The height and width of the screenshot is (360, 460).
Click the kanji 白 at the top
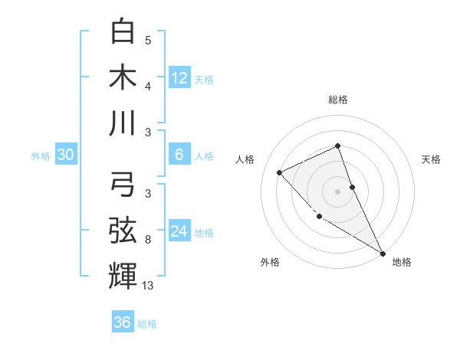coord(123,31)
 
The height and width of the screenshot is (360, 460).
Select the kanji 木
coord(123,77)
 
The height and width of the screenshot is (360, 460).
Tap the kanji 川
coord(123,122)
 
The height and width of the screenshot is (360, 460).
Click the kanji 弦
coord(123,230)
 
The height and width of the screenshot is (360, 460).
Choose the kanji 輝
coord(123,275)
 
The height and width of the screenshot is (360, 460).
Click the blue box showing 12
coord(179,77)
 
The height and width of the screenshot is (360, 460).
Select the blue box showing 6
coord(179,155)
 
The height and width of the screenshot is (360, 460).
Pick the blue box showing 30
coord(66,155)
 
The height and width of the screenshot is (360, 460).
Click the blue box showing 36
coord(123,322)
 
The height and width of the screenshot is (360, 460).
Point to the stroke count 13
coord(148,286)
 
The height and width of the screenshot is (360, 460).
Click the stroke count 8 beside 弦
coord(147,241)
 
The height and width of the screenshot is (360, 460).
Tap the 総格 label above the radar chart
coord(337,100)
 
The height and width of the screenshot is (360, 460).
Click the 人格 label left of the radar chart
coord(245,159)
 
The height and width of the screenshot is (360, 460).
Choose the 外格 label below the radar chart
coord(270,262)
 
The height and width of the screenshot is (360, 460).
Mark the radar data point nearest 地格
coord(383,253)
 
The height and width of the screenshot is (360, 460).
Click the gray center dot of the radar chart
coord(337,191)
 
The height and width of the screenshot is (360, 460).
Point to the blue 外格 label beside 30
coord(41,156)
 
